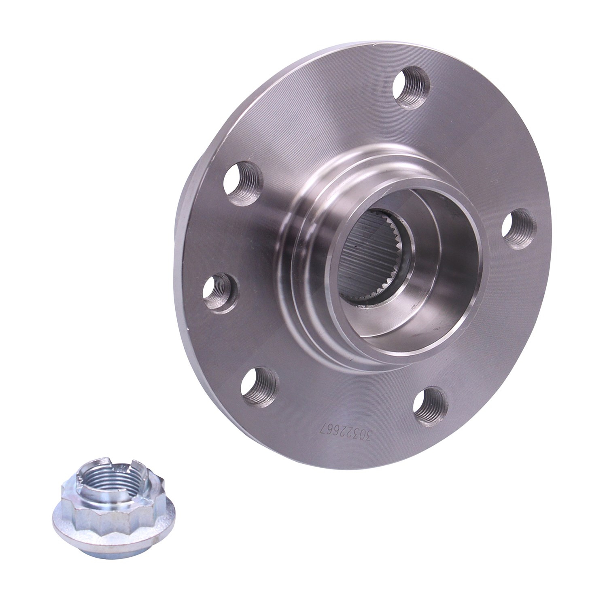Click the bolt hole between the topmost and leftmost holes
coord(244,180)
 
